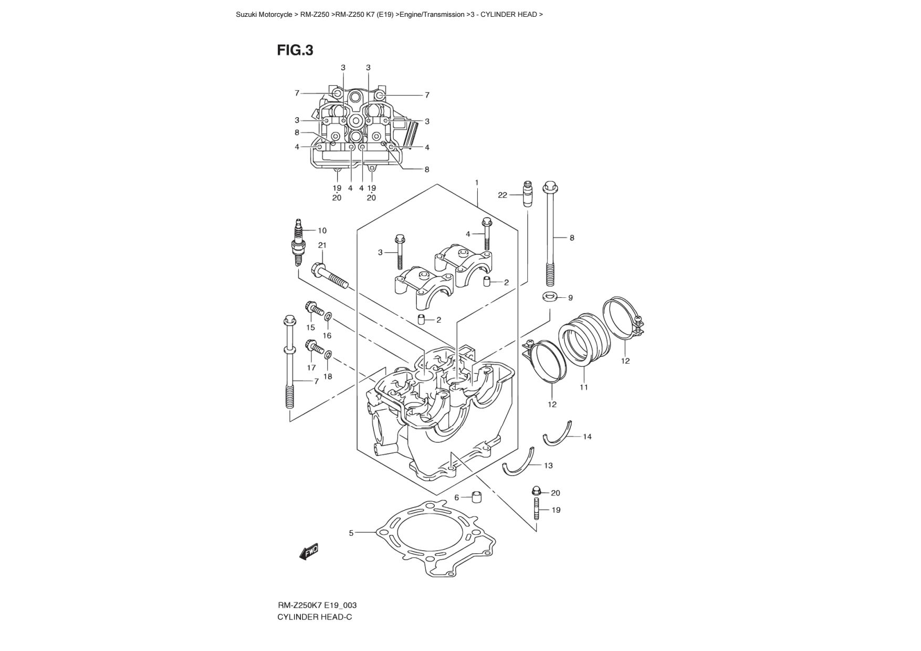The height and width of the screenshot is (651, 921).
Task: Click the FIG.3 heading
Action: click(x=295, y=50)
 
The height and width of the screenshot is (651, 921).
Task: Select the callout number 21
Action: click(x=322, y=245)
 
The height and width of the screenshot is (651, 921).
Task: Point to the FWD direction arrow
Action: click(x=309, y=552)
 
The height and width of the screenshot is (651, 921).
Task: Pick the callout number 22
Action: click(x=503, y=195)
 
